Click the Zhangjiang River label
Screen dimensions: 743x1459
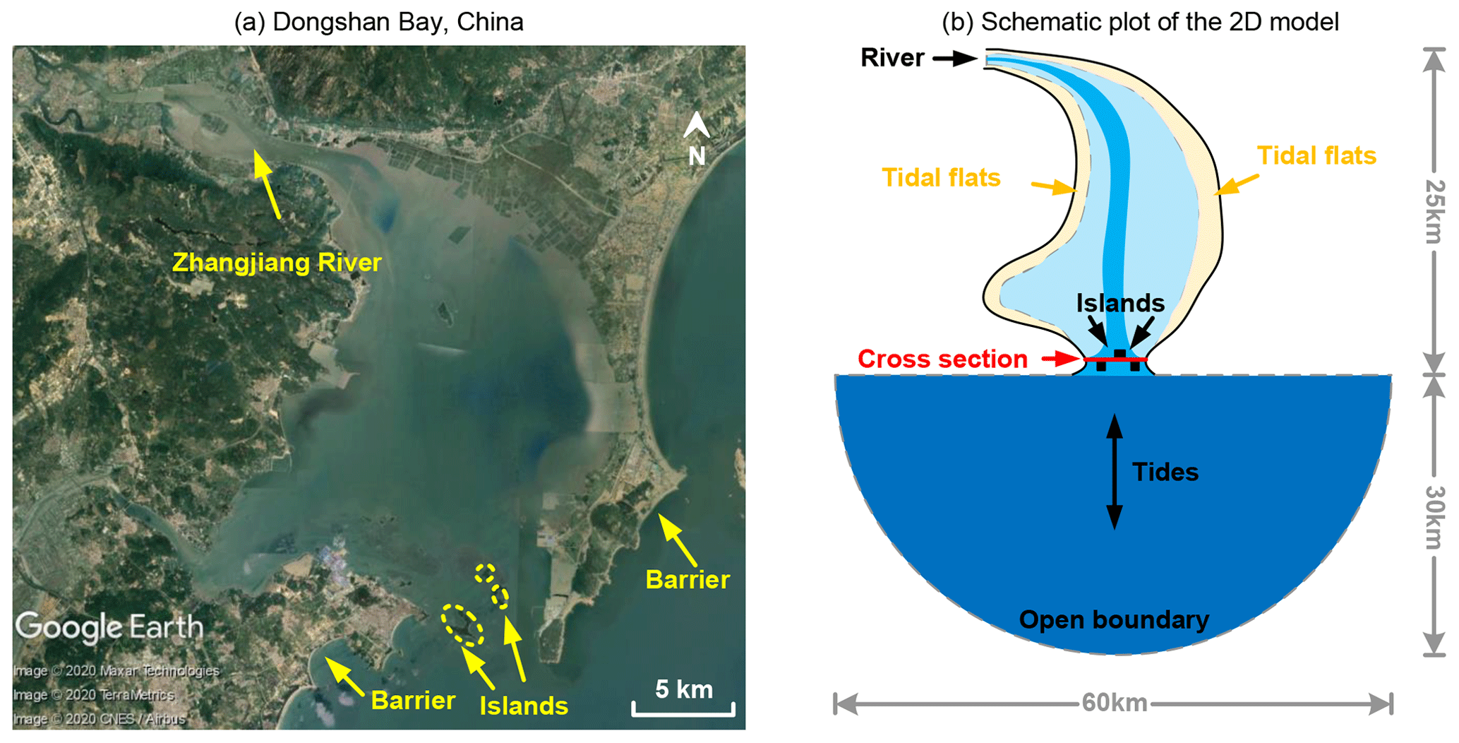277,263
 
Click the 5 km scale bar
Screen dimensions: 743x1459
683,708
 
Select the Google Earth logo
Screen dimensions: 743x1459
109,627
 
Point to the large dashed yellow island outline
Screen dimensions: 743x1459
462,625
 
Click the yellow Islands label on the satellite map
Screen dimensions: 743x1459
524,706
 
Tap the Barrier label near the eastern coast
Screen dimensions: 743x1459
688,580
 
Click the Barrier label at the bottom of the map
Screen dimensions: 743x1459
413,701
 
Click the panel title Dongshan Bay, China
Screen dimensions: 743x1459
379,22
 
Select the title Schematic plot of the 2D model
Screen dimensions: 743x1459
1140,22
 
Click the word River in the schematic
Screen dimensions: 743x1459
892,58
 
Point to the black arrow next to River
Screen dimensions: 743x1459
955,59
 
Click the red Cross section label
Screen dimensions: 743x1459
942,359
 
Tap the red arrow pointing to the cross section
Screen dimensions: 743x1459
1061,359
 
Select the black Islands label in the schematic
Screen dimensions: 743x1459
1120,303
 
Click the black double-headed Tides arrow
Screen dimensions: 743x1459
1114,472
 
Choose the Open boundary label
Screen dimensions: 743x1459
1114,619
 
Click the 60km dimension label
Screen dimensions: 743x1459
1115,703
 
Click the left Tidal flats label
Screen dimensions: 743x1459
941,177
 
